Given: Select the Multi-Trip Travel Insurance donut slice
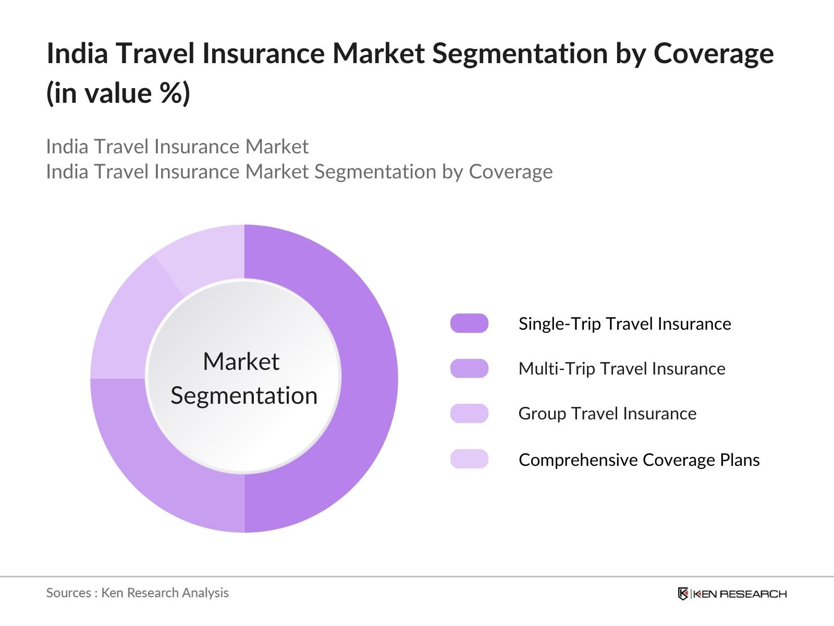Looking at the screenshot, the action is pyautogui.click(x=160, y=462).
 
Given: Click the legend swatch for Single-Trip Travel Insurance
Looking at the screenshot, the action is pyautogui.click(x=469, y=323).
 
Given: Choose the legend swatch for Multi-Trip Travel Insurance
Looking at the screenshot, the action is pyautogui.click(x=469, y=368).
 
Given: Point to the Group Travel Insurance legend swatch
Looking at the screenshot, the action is pyautogui.click(x=469, y=414).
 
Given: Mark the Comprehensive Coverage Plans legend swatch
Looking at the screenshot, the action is pyautogui.click(x=469, y=459).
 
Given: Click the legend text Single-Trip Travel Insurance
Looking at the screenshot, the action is pyautogui.click(x=624, y=324).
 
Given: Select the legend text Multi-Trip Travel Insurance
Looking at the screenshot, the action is pyautogui.click(x=622, y=369).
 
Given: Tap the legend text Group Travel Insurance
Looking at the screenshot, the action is pyautogui.click(x=607, y=414).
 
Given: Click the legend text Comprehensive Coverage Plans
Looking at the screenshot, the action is pyautogui.click(x=639, y=460).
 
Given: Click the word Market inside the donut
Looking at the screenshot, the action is pyautogui.click(x=241, y=361).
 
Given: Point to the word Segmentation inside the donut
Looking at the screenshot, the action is pyautogui.click(x=244, y=396).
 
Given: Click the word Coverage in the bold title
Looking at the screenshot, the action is pyautogui.click(x=714, y=54).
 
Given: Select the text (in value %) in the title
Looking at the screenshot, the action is pyautogui.click(x=118, y=93).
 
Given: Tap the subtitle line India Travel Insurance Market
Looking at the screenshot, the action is pyautogui.click(x=177, y=147).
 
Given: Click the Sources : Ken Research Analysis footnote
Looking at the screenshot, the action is pyautogui.click(x=137, y=593).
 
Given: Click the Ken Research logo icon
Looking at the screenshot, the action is pyautogui.click(x=683, y=594).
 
